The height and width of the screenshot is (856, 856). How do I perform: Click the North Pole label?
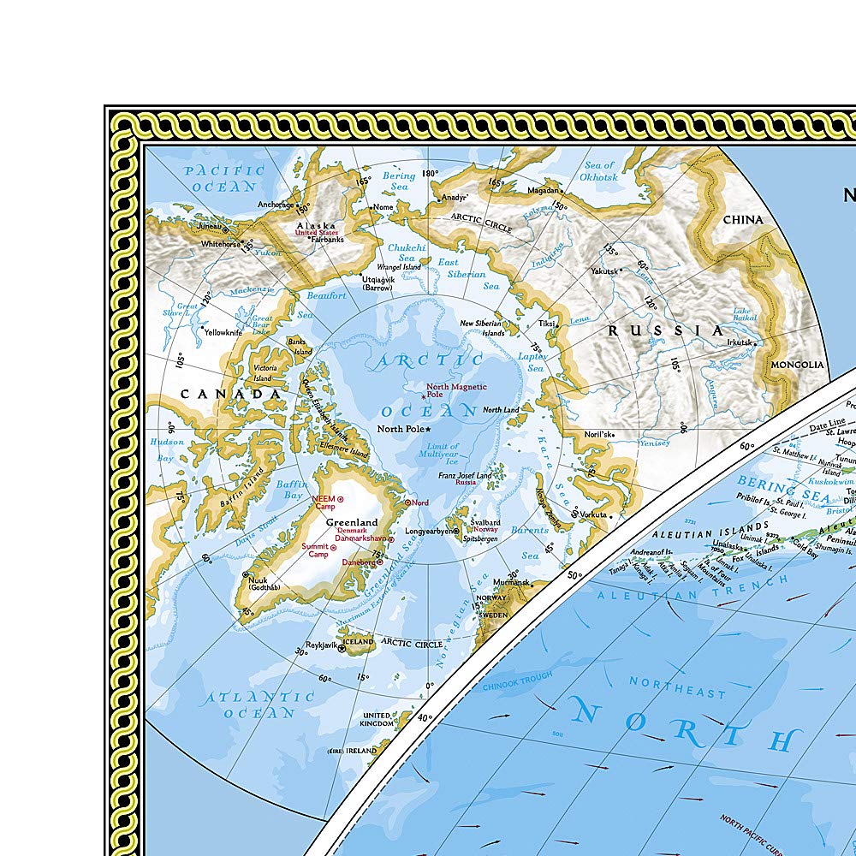(400, 429)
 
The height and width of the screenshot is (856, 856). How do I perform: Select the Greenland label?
(351, 522)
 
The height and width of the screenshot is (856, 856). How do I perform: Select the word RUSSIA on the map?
(666, 330)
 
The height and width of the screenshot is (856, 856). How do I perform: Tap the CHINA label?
(741, 219)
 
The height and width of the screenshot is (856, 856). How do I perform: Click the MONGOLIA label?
(796, 365)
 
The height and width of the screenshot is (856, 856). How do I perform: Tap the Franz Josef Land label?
(465, 476)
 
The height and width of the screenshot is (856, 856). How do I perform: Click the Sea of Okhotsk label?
(599, 170)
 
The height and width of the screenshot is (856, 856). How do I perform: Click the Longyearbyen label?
(428, 531)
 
